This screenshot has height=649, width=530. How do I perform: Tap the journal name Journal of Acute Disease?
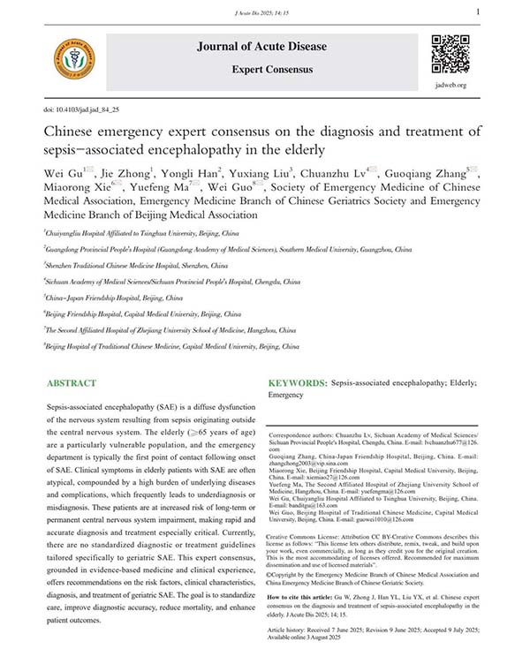pyautogui.click(x=261, y=46)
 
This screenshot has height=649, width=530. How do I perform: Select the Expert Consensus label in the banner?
pyautogui.click(x=261, y=68)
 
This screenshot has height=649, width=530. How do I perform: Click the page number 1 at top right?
pyautogui.click(x=478, y=11)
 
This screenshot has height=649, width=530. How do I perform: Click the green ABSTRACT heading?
pyautogui.click(x=72, y=385)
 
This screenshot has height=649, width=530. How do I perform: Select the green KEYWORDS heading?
pyautogui.click(x=296, y=385)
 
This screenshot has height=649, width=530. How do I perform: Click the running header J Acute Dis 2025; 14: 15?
pyautogui.click(x=264, y=12)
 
